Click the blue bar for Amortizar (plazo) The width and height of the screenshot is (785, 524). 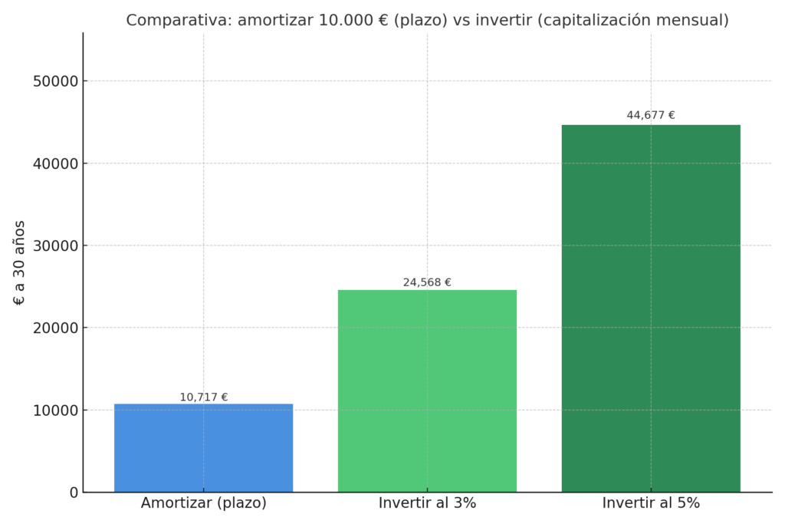[x=203, y=448]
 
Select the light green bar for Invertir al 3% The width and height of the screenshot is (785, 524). [x=427, y=391]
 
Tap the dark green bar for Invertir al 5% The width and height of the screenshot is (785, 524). [x=651, y=308]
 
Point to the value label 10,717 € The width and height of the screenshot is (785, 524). [x=204, y=397]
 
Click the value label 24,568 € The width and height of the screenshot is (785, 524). [x=427, y=282]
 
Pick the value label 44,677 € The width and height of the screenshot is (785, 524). [x=651, y=115]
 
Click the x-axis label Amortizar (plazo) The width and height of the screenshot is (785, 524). [x=204, y=504]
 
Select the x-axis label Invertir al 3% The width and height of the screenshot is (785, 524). [x=427, y=504]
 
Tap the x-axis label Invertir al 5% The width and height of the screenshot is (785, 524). [x=651, y=504]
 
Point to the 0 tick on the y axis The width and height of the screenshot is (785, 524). [x=74, y=493]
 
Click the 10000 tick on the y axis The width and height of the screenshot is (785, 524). [x=56, y=410]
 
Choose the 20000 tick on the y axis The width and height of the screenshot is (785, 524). [x=56, y=328]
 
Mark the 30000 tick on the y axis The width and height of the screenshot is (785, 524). [x=56, y=246]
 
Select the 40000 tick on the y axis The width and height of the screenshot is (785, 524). [x=56, y=163]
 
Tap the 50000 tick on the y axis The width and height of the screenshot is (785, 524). [x=56, y=81]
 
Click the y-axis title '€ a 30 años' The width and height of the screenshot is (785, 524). [x=20, y=262]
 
